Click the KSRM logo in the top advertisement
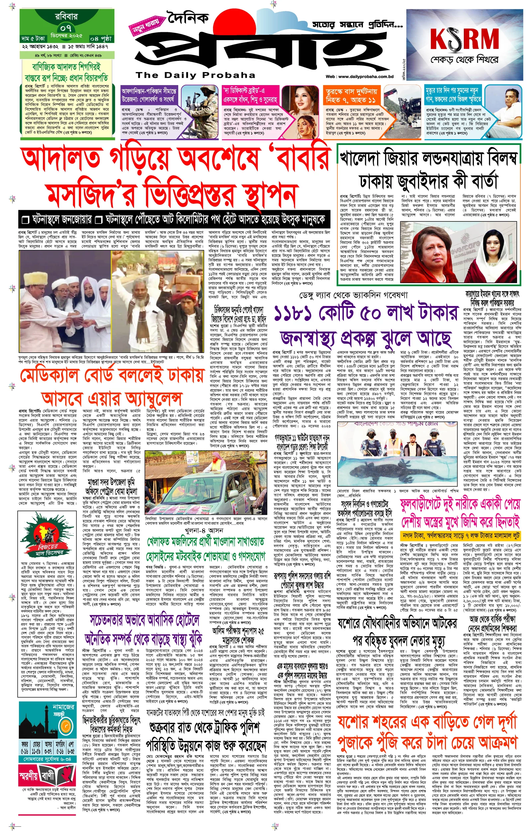tap(464, 39)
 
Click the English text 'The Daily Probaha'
tap(195, 75)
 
